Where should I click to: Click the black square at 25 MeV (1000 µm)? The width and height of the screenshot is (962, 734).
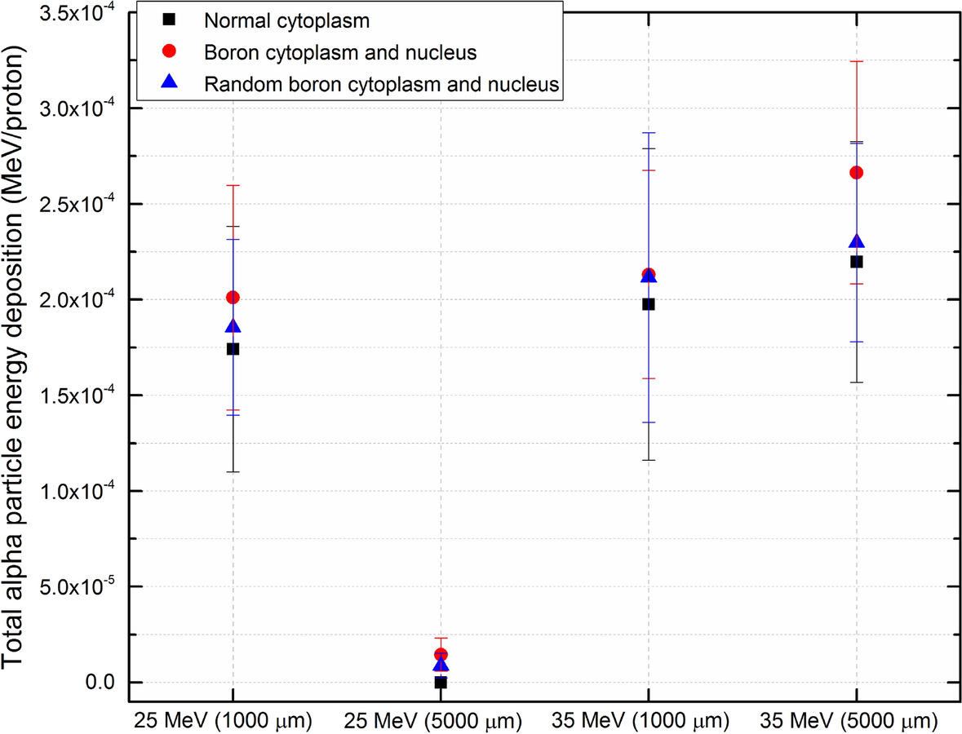[x=233, y=349]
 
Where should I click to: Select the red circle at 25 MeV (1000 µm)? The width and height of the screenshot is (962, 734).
[x=233, y=298]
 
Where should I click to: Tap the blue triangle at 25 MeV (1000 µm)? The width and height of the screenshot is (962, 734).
[x=233, y=326]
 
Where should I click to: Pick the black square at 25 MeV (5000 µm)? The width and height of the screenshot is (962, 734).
[x=441, y=683]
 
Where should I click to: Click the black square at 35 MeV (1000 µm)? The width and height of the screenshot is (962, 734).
[x=649, y=304]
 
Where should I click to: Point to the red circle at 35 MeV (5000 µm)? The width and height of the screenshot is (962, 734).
[x=857, y=173]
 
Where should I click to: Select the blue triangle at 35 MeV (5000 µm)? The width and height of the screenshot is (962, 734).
[x=857, y=241]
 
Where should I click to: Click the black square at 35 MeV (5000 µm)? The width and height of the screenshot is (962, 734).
[x=857, y=262]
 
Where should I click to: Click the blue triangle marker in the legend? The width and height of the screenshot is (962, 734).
[x=170, y=82]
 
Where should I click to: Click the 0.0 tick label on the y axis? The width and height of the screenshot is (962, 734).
[x=96, y=683]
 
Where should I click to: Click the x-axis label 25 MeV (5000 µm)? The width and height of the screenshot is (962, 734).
[x=441, y=722]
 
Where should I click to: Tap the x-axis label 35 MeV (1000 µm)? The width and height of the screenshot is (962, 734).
[x=649, y=722]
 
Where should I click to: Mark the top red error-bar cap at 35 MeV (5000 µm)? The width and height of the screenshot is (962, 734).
[x=857, y=61]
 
